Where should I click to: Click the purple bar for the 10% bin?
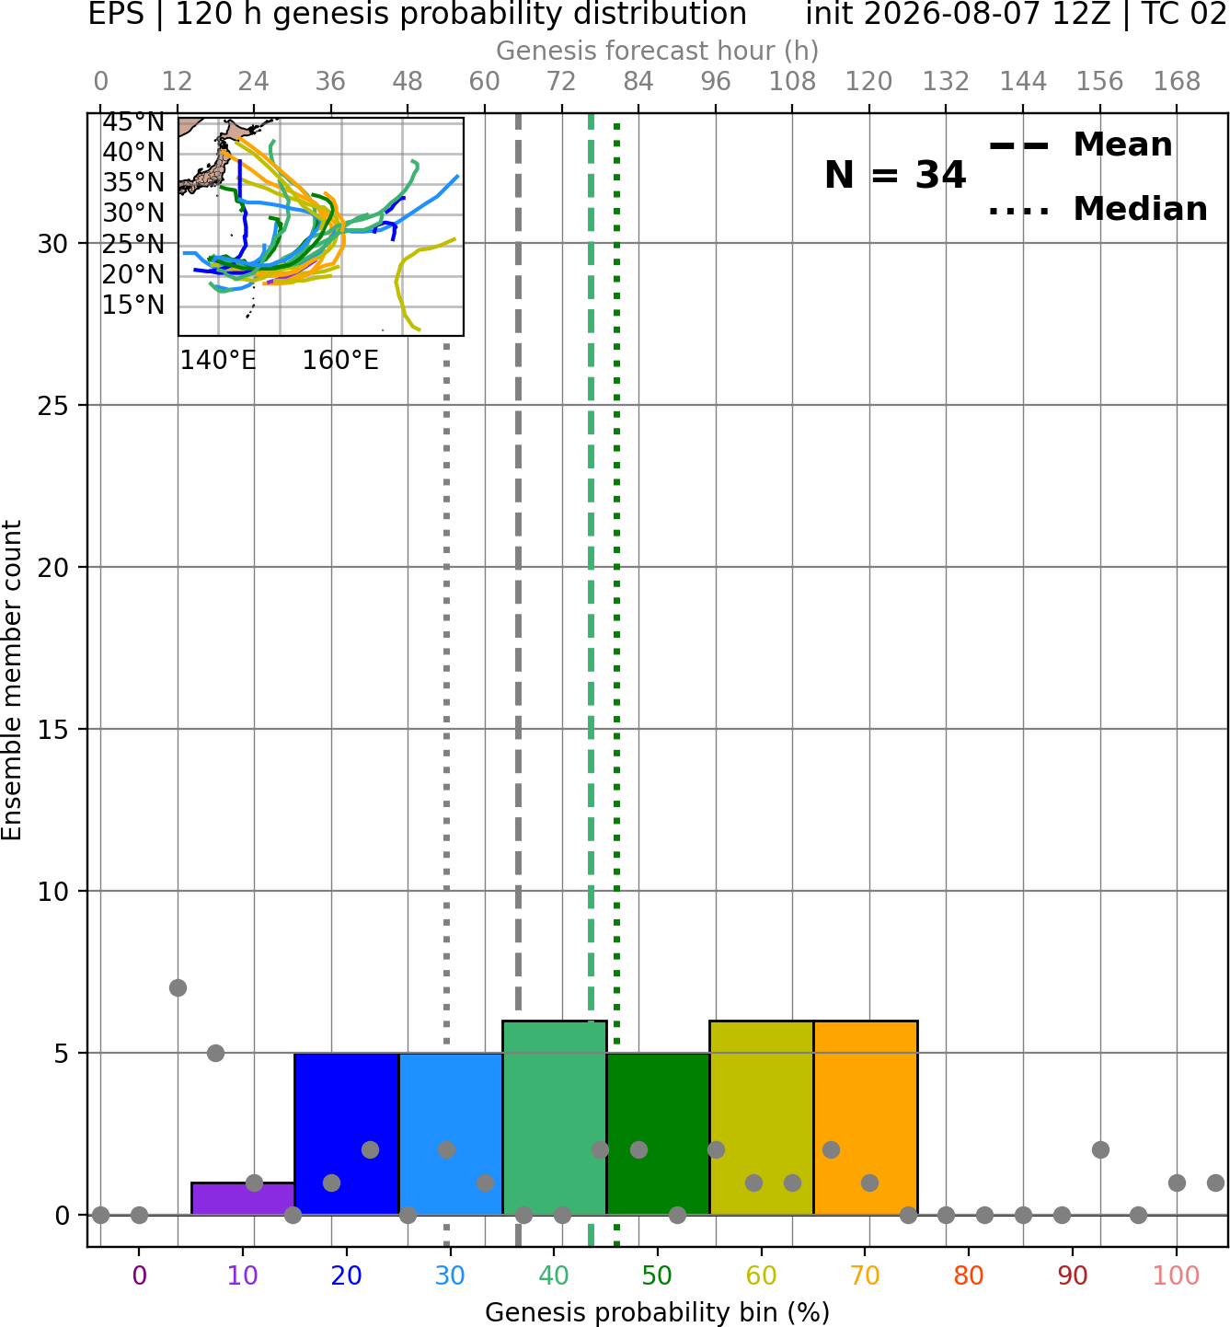pos(243,1198)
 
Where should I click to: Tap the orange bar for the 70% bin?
pos(865,1117)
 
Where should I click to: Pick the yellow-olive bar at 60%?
pos(761,1117)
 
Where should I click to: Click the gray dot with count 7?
pos(178,987)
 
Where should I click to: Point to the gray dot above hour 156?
pos(1100,1150)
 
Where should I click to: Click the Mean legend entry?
pos(1080,145)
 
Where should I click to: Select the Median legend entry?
pos(1098,209)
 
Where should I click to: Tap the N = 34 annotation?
pos(895,175)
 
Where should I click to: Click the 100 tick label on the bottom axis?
pos(1176,1276)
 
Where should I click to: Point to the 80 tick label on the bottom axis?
pos(968,1276)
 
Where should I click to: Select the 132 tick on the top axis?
pos(946,81)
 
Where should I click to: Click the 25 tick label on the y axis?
pos(52,406)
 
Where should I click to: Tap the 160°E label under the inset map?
pos(340,361)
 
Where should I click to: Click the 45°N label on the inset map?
pos(133,122)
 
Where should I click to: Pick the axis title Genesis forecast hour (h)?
pos(658,51)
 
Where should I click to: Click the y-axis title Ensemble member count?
pos(11,680)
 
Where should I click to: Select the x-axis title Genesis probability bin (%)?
pos(658,1312)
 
